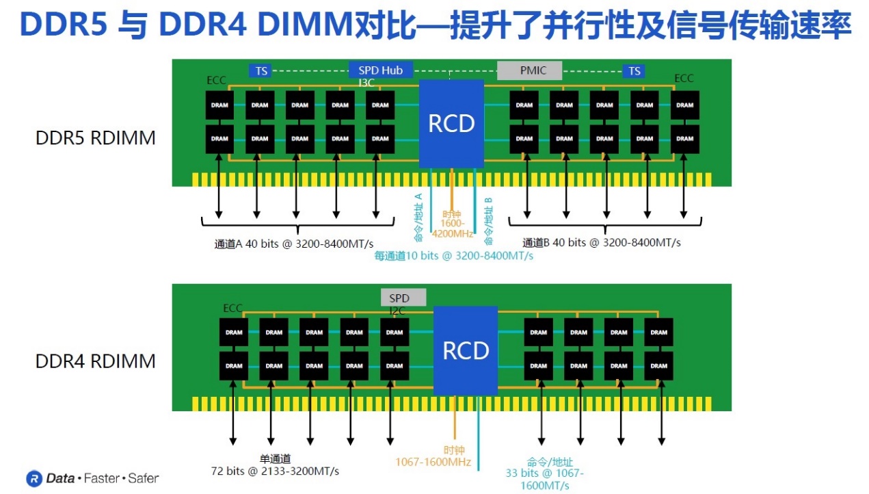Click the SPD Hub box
click(x=381, y=70)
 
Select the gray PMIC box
click(x=530, y=70)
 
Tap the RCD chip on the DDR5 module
click(x=451, y=124)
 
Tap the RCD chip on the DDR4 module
click(x=466, y=351)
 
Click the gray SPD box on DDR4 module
click(x=403, y=298)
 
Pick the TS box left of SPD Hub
click(x=260, y=71)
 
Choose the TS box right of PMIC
click(x=634, y=71)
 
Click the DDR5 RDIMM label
click(x=96, y=138)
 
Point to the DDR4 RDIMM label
click(x=96, y=361)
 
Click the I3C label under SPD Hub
click(x=366, y=83)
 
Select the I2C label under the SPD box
click(x=397, y=311)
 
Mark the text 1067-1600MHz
click(x=433, y=462)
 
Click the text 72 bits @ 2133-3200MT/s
click(x=275, y=471)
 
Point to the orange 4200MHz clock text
click(x=453, y=234)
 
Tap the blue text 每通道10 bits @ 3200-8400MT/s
click(x=453, y=256)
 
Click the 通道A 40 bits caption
click(x=294, y=244)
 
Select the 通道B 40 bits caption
click(x=601, y=243)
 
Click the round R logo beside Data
click(x=34, y=478)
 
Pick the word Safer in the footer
click(x=143, y=478)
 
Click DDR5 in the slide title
click(x=63, y=24)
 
